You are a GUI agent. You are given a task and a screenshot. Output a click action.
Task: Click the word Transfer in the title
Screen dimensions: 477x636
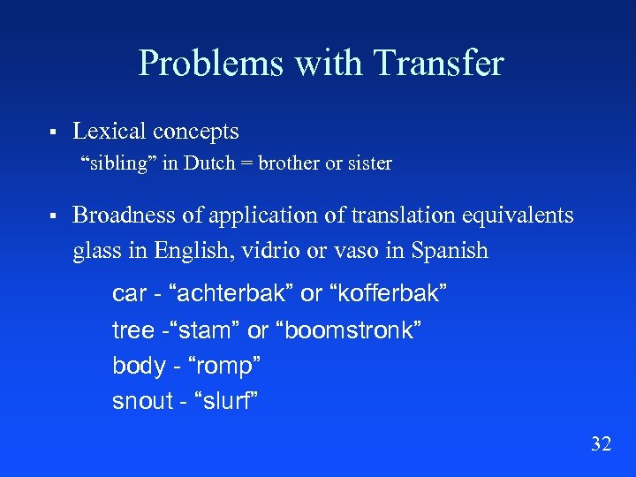438,63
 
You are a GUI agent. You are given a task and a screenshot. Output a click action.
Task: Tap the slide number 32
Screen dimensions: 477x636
601,443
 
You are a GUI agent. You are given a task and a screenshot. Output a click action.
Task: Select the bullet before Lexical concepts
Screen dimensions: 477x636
53,132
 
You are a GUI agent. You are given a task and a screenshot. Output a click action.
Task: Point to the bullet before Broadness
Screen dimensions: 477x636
53,216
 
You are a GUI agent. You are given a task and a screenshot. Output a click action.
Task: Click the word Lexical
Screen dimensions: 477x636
109,132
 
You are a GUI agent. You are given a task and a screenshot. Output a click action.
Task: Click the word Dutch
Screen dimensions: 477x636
210,163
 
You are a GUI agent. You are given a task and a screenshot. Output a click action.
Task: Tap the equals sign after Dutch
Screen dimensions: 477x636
243,164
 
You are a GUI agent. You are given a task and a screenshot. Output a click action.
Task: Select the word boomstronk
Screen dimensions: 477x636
349,330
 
